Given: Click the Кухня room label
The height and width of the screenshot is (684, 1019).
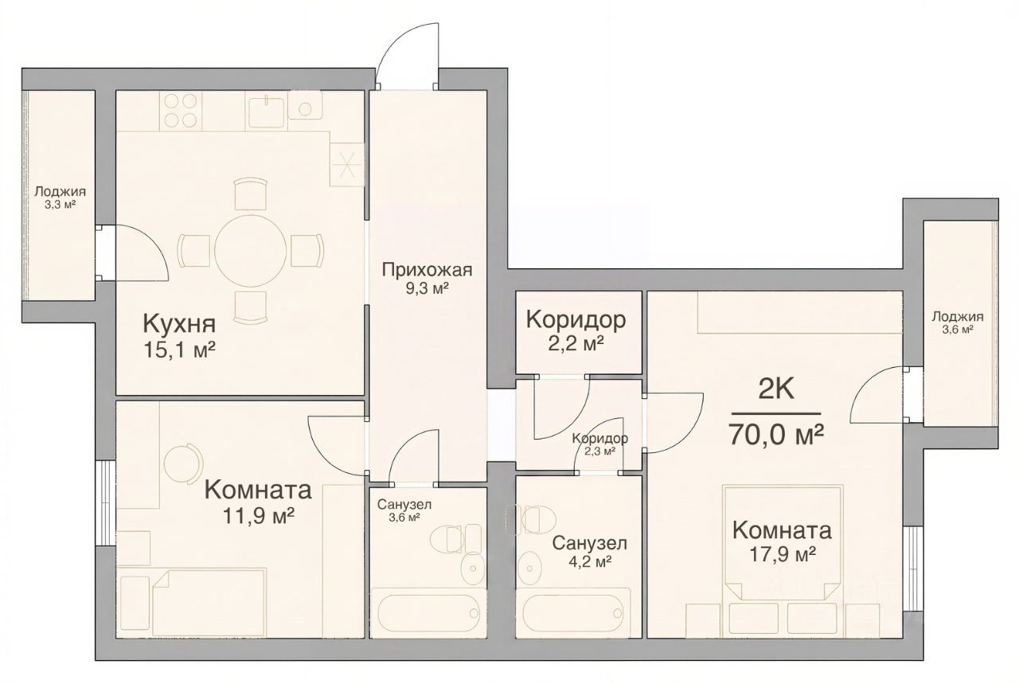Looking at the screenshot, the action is point(179,323).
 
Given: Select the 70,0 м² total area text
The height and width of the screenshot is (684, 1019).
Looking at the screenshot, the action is point(776,435).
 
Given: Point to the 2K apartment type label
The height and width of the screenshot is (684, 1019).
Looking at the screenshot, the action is point(776,390).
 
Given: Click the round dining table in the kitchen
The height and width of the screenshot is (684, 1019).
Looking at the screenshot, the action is point(250,251).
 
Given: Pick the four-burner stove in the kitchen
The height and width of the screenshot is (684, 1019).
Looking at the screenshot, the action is point(180,111).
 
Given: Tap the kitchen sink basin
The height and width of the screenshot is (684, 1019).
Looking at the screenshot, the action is point(266,112).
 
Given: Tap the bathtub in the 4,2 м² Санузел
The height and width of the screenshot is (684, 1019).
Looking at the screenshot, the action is point(572,612).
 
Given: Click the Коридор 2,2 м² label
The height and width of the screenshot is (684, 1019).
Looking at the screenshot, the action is point(576,332).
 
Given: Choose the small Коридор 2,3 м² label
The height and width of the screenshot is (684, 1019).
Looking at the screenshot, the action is point(600,444).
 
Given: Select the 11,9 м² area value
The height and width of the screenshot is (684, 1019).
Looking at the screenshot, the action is point(258,516).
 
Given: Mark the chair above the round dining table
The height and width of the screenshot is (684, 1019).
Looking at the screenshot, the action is point(250,193).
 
